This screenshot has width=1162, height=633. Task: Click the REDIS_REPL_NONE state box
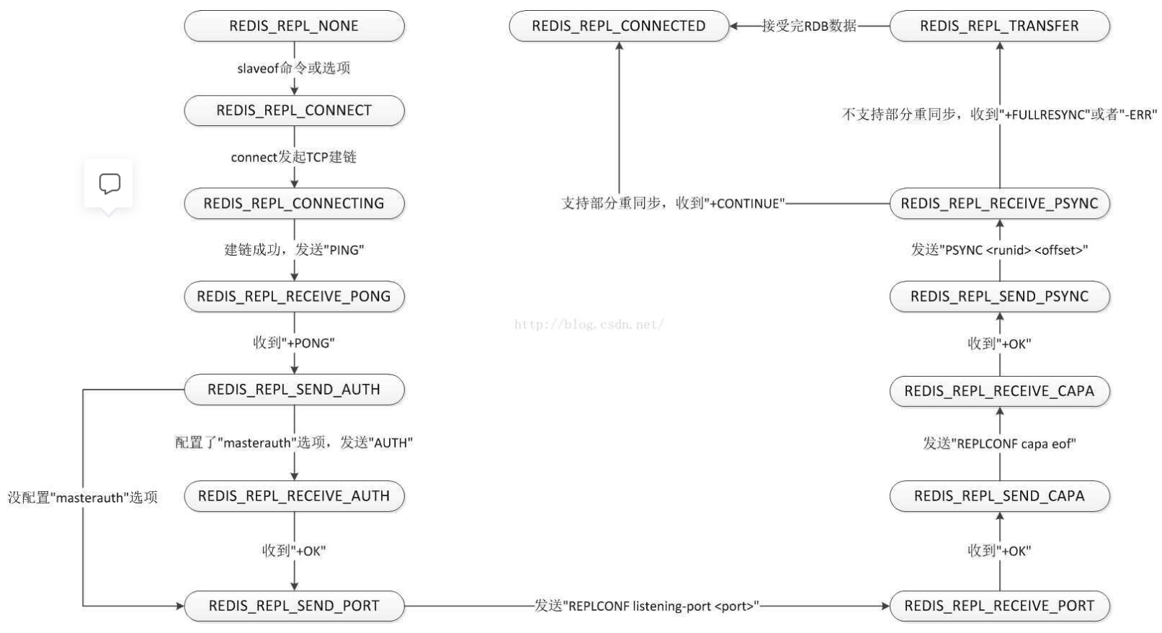click(x=294, y=26)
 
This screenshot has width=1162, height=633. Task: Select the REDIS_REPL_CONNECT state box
click(x=294, y=110)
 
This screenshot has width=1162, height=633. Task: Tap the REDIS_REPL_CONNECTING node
click(x=294, y=203)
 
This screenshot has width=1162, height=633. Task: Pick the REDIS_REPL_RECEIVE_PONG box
click(x=294, y=297)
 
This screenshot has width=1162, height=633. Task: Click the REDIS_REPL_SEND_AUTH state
click(x=294, y=390)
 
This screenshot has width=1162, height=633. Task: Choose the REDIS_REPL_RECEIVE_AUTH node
click(x=294, y=496)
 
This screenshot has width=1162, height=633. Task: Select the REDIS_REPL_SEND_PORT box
click(x=294, y=606)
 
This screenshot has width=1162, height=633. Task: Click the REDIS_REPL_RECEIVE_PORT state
click(x=1000, y=606)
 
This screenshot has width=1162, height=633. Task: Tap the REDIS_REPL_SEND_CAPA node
click(x=1000, y=496)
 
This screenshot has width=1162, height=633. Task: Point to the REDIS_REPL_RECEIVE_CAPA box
click(x=1000, y=391)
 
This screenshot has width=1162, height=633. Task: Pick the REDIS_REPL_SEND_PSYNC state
click(x=1000, y=297)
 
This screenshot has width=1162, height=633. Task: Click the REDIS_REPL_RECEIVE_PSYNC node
click(x=1000, y=203)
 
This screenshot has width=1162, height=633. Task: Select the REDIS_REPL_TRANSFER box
click(x=1000, y=26)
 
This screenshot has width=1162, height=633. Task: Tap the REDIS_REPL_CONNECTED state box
click(x=619, y=26)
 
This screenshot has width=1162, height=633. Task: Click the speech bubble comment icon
click(x=110, y=184)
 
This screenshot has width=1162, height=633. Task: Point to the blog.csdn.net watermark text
click(x=589, y=325)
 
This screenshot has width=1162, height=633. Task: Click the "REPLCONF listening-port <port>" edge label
click(x=646, y=606)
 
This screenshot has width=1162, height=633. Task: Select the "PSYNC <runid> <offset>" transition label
click(x=999, y=250)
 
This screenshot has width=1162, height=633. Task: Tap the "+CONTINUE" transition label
click(x=674, y=203)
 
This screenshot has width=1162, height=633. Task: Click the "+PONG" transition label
click(x=294, y=343)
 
